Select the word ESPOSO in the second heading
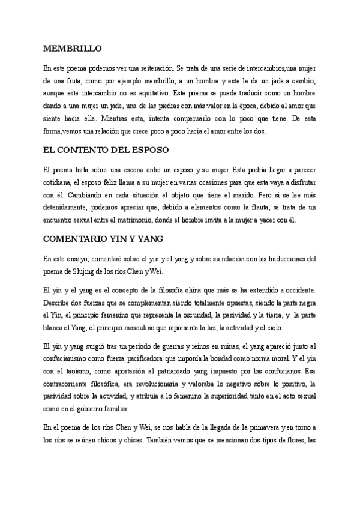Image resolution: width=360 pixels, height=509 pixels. pyautogui.click(x=147, y=149)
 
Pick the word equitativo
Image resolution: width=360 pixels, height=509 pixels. pyautogui.click(x=152, y=93)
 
